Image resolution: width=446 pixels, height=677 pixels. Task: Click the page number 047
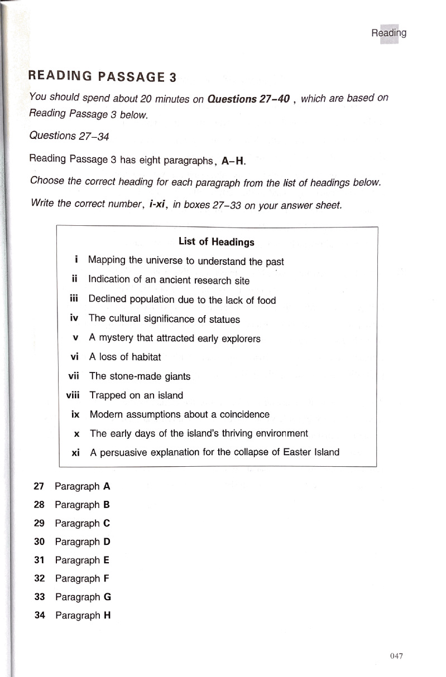click(397, 656)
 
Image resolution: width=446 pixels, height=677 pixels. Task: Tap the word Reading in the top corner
click(389, 33)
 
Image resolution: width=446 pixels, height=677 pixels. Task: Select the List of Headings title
click(217, 242)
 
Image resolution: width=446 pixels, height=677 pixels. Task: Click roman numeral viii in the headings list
click(73, 395)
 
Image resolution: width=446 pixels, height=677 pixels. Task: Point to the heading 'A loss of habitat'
click(125, 357)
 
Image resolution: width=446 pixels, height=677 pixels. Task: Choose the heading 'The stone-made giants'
click(140, 376)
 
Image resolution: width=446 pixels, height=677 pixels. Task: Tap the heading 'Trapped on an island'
click(136, 395)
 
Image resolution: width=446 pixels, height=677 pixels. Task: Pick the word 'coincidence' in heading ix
click(244, 414)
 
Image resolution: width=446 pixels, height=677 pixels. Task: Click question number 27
click(39, 486)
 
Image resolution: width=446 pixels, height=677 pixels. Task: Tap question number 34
click(39, 616)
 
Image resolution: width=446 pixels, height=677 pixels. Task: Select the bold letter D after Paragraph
click(107, 541)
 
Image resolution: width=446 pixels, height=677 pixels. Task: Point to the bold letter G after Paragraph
click(107, 597)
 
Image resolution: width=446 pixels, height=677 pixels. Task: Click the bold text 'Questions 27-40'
click(248, 99)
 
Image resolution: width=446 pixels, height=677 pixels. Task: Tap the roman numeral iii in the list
click(74, 299)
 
